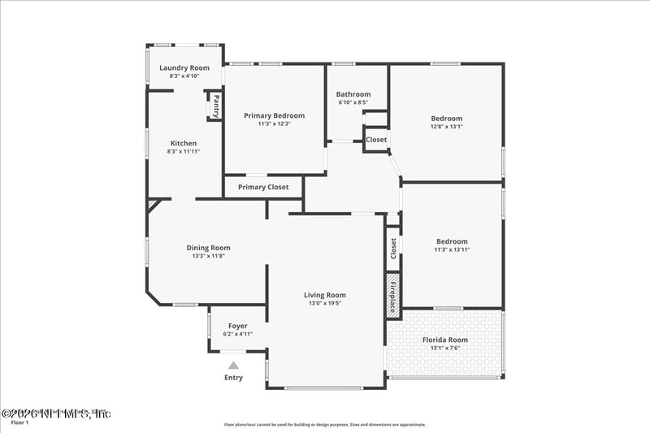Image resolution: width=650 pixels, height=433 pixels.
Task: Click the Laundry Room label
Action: [184, 67]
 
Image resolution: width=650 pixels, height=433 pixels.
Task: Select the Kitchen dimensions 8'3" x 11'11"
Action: [184, 151]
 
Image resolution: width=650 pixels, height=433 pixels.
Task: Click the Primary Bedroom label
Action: [275, 115]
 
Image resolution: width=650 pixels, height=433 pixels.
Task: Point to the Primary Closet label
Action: [263, 187]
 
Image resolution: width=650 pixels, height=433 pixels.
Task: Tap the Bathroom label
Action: [353, 94]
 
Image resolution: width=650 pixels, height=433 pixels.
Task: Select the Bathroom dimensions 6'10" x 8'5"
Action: [353, 102]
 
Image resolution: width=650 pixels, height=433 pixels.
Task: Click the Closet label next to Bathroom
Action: [376, 140]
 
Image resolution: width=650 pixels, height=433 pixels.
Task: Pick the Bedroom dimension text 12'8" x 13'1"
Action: [446, 126]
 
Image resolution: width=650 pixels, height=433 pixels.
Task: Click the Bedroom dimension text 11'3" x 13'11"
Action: [453, 249]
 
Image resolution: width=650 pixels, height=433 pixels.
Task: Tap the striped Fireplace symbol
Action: [392, 293]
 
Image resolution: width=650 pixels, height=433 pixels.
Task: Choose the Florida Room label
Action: [445, 340]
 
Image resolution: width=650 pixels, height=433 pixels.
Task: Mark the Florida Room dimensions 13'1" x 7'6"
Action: [445, 348]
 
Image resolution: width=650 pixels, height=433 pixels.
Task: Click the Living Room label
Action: [325, 295]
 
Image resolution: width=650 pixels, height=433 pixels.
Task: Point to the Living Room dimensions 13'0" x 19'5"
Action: [325, 303]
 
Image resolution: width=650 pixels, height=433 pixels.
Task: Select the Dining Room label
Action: [209, 248]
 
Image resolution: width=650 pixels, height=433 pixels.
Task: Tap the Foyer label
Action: [237, 326]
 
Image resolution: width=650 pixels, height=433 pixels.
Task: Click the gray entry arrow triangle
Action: [233, 366]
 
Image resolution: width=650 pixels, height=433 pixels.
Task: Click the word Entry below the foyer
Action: [233, 378]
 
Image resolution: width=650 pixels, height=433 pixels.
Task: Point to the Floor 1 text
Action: [19, 422]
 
